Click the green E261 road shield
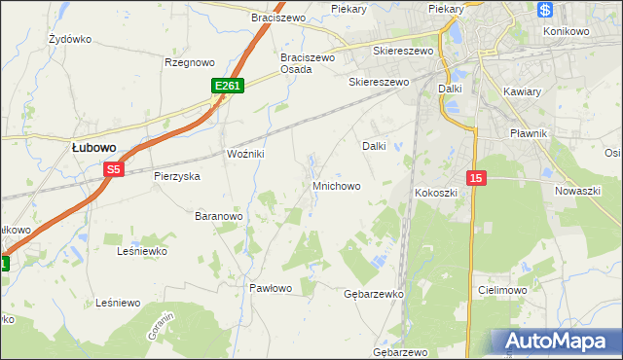(x=227, y=87)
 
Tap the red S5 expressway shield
(x=114, y=169)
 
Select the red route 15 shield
(x=476, y=178)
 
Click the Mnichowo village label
(x=337, y=185)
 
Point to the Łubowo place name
(x=94, y=147)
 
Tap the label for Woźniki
(x=246, y=155)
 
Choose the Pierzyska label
(x=176, y=176)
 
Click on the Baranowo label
(x=218, y=215)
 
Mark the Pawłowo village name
(x=271, y=288)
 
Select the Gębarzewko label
(x=374, y=294)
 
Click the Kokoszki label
(x=436, y=193)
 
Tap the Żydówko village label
(x=69, y=40)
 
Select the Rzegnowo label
(x=189, y=62)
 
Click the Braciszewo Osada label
(x=308, y=63)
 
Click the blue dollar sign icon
(x=544, y=10)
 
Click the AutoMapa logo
(x=556, y=341)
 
